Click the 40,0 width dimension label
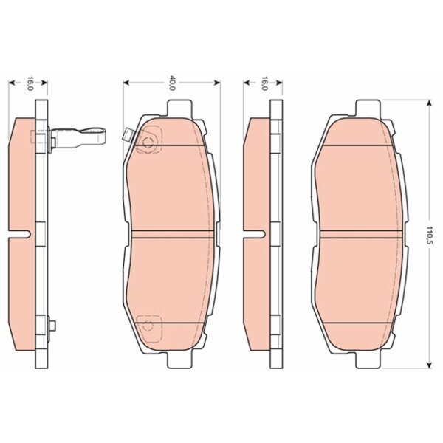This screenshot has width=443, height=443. [172, 83]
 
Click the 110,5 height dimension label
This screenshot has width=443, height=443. [430, 235]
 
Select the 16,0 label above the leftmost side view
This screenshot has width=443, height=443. [30, 83]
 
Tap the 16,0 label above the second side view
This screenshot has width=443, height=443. [264, 83]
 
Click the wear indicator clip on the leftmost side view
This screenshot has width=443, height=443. [77, 138]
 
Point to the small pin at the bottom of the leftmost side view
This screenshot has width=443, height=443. [52, 326]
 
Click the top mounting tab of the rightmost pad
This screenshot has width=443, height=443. [368, 108]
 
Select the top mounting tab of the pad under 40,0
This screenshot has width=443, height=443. [179, 108]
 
